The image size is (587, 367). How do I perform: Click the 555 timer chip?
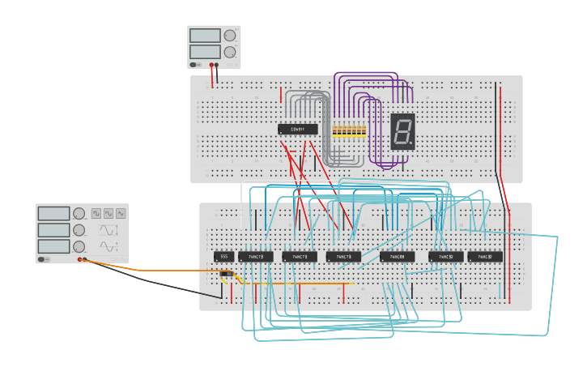223,257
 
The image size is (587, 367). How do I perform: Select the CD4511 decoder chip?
297,129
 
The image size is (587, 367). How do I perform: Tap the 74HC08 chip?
397,257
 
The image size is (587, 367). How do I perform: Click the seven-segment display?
403,130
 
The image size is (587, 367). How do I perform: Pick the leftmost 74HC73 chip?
256,257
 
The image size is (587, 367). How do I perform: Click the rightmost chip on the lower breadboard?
485,257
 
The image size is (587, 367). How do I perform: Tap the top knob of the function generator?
79,214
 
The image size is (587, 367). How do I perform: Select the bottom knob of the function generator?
79,246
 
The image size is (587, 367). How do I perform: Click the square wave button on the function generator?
96,213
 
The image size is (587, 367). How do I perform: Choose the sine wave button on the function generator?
121,213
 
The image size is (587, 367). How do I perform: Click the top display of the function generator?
53,213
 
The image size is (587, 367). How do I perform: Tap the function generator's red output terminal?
79,259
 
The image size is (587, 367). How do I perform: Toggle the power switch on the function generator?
42,259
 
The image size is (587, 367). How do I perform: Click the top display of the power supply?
205,36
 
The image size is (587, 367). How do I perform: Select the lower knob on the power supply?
230,52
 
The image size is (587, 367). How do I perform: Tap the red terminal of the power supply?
211,64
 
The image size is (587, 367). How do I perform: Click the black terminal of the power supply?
217,64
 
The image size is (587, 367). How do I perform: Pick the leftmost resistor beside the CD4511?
334,130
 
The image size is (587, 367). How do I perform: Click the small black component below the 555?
227,274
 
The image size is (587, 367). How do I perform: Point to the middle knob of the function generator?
79,230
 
